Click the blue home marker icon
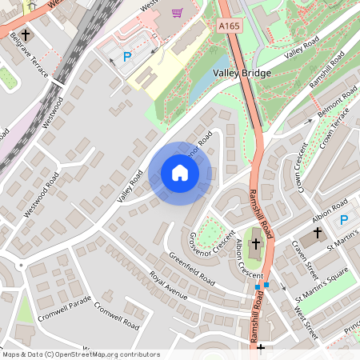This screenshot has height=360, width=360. (x=180, y=173)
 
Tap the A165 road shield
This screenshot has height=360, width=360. (x=230, y=26)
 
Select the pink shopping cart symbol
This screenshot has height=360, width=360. (x=177, y=13)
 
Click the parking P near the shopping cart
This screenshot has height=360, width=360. (x=127, y=57)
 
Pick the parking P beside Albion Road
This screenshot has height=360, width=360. (x=344, y=220)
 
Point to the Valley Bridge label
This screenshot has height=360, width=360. (x=242, y=74)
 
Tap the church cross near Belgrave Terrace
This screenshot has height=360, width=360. (x=26, y=36)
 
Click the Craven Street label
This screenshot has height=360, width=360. (x=305, y=254)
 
